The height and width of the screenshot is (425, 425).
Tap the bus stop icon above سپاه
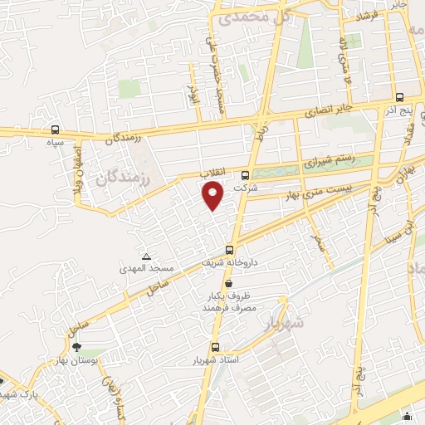55,129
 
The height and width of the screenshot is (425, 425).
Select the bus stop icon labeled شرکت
245,175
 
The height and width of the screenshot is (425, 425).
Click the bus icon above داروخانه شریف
229,249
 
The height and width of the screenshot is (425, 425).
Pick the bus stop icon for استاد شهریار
216,348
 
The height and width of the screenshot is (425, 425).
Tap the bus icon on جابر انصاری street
399,96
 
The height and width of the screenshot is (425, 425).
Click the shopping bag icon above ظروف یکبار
228,284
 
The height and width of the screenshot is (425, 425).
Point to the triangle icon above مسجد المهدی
147,256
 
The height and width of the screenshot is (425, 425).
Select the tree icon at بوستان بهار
77,348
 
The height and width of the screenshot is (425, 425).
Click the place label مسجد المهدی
148,268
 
